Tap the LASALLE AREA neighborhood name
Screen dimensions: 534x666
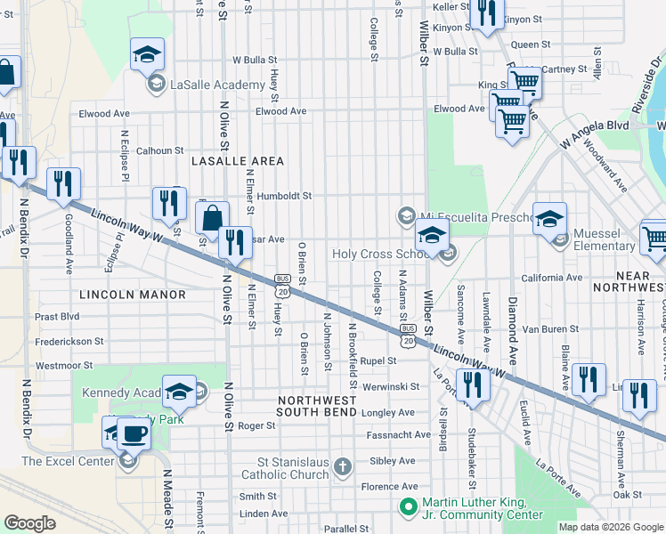pos(237,161)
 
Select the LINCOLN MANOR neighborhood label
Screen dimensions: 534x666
pos(133,295)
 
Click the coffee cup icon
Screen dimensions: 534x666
pos(133,434)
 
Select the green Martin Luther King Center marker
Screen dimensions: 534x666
pos(409,507)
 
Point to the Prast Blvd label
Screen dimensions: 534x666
pos(57,317)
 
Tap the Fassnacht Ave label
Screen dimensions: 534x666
pos(391,436)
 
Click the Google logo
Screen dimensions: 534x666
pos(30,523)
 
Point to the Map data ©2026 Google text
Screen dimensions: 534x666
pos(610,527)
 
